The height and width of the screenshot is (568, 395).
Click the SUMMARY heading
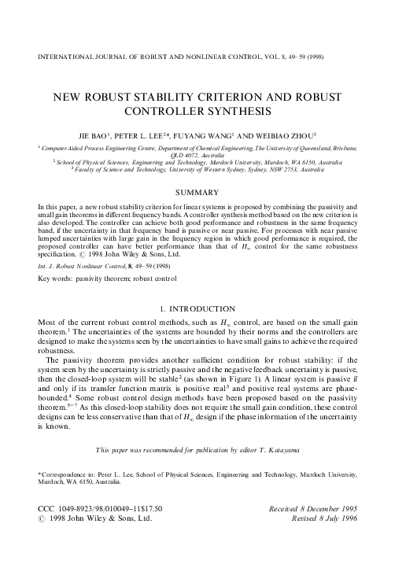point(197,191)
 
